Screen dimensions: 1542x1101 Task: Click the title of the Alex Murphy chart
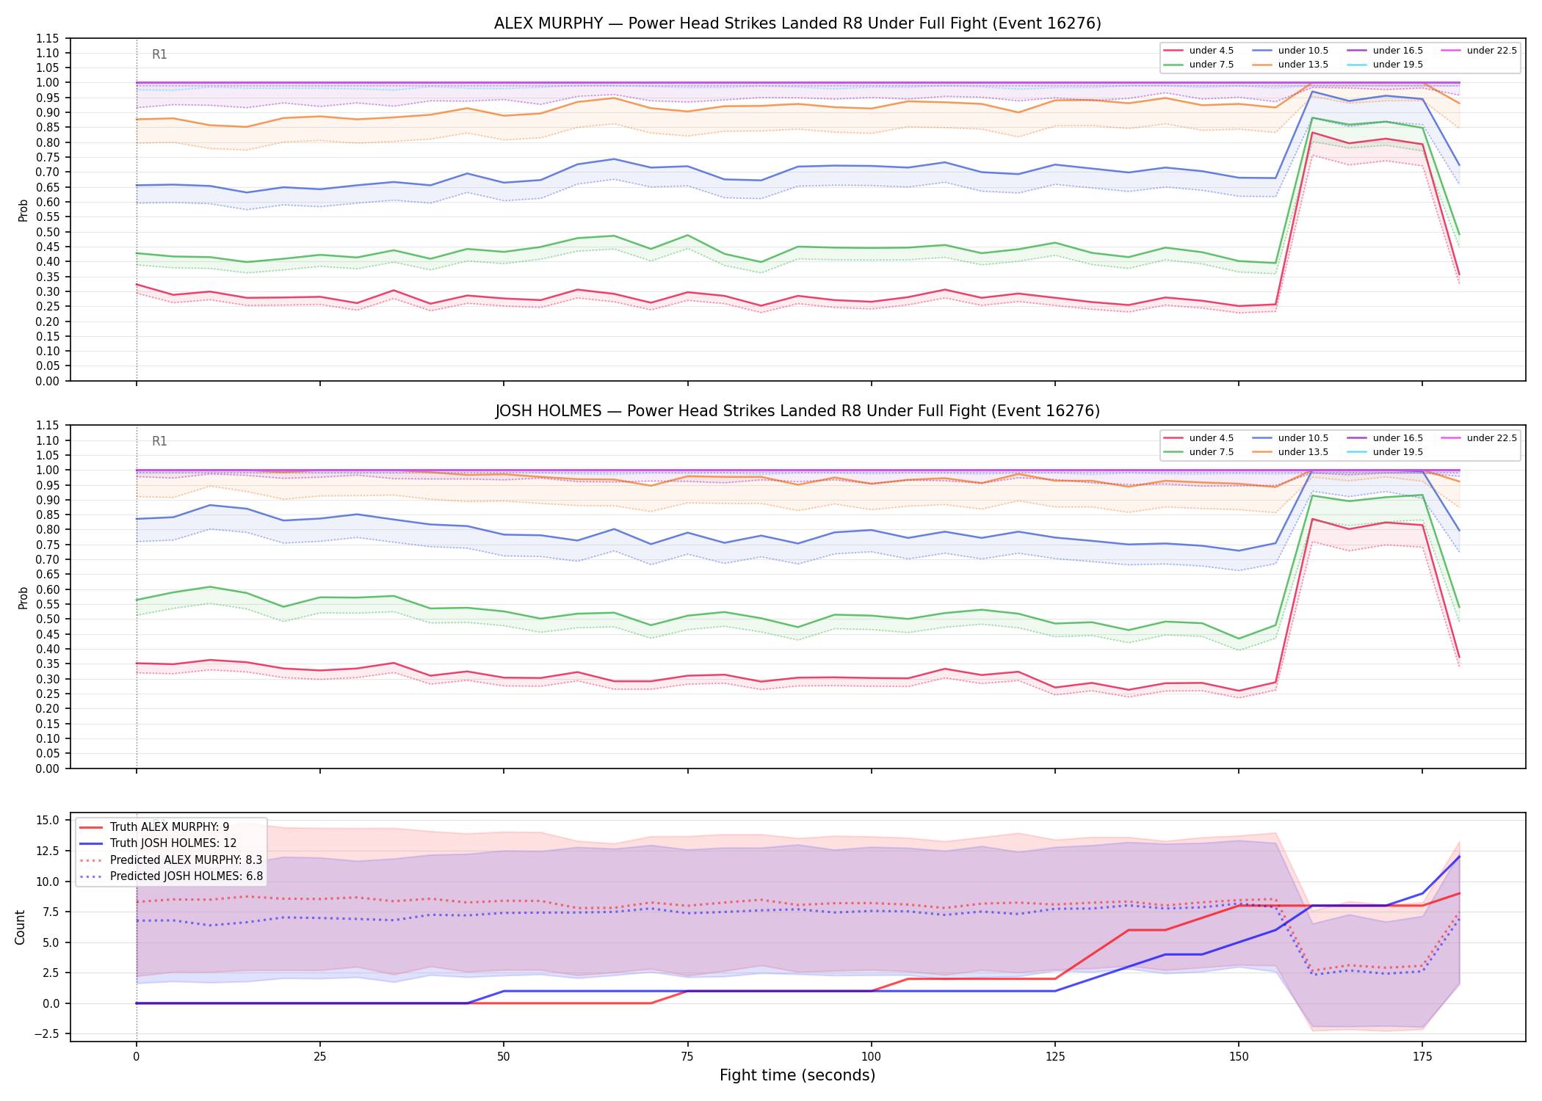tap(797, 23)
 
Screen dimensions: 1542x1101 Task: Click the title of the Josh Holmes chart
tap(797, 411)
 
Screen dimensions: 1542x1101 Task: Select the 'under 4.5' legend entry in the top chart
tap(1199, 51)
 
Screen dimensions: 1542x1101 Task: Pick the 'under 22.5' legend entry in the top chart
tap(1480, 51)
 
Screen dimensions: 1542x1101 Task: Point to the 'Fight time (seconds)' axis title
tap(797, 1075)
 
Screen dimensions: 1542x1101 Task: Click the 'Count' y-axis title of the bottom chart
tap(20, 927)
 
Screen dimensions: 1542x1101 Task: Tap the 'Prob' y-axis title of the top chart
tap(23, 210)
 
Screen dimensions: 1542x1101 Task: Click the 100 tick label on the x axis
tap(871, 1057)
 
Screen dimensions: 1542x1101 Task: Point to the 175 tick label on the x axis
tap(1422, 1057)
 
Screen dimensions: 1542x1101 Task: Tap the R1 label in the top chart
tap(159, 54)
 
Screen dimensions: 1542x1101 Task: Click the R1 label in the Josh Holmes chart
tap(159, 441)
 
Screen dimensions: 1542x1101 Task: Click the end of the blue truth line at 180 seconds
tap(1459, 857)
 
